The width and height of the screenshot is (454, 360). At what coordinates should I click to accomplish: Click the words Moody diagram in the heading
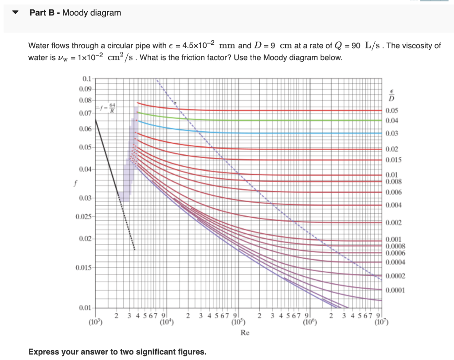(x=92, y=13)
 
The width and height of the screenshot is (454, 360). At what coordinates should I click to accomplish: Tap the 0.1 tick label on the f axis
(x=87, y=79)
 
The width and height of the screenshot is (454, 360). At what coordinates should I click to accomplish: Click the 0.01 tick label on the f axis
(x=86, y=308)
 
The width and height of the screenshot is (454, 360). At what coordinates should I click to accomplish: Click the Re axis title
(x=245, y=333)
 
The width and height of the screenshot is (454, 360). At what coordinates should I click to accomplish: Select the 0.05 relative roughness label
(x=392, y=111)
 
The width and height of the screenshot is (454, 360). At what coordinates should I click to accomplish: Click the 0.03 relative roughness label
(x=392, y=133)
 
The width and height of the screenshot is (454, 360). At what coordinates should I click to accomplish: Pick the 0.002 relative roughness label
(x=394, y=223)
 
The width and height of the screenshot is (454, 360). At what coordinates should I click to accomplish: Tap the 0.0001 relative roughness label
(x=395, y=290)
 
